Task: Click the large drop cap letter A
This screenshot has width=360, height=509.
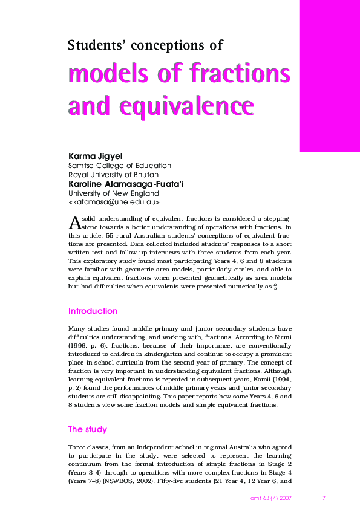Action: pyautogui.click(x=75, y=222)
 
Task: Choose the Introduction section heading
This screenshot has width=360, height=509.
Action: pyautogui.click(x=93, y=311)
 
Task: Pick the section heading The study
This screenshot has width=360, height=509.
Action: pyautogui.click(x=87, y=429)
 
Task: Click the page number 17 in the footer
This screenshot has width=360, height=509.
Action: pyautogui.click(x=322, y=498)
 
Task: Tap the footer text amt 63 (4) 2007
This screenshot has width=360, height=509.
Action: pyautogui.click(x=272, y=498)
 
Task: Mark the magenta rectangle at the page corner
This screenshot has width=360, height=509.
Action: pyautogui.click(x=330, y=76)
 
